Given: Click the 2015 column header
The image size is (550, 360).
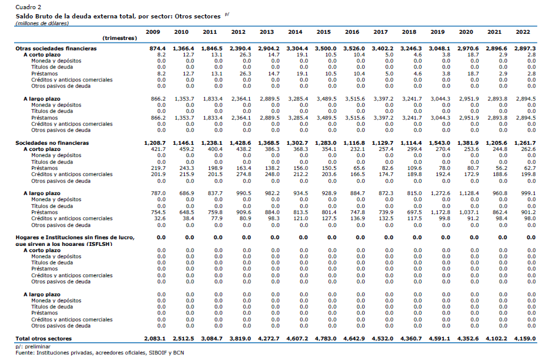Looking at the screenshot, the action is click(x=323, y=32).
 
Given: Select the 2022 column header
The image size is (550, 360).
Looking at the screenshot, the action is click(x=522, y=32).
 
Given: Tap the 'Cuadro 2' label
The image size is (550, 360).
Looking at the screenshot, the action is click(x=28, y=7).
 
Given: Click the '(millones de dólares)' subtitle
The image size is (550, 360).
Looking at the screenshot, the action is click(x=42, y=23).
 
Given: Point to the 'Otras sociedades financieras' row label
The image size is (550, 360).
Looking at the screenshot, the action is click(x=56, y=48).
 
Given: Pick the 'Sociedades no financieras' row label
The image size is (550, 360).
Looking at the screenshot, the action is click(x=52, y=143).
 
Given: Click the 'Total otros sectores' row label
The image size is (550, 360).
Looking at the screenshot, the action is click(x=44, y=339).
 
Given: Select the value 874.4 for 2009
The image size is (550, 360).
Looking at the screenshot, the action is click(x=158, y=48).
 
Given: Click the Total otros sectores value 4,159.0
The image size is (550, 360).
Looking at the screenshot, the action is click(x=525, y=339).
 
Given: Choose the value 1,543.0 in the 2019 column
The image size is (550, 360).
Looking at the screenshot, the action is click(x=440, y=143).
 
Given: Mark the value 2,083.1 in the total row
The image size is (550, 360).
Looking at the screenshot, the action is click(x=155, y=339).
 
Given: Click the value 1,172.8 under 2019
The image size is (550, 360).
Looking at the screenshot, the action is click(x=441, y=212).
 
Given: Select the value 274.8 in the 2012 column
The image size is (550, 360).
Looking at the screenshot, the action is click(x=244, y=174).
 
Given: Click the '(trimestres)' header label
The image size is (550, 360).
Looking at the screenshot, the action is click(x=120, y=38).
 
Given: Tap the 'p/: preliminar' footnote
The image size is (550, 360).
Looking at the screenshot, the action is click(x=33, y=347).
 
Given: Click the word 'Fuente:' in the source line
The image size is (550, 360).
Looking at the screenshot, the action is click(x=25, y=353).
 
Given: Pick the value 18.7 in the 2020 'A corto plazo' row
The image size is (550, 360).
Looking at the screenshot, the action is click(x=473, y=55).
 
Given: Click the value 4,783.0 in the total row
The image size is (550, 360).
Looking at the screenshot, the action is click(x=326, y=339).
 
